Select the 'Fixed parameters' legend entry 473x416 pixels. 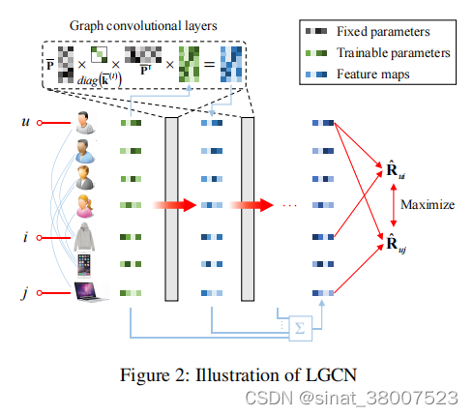click(x=364, y=32)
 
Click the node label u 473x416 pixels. click(x=25, y=123)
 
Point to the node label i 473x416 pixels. click(x=25, y=236)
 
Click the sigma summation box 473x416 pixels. click(x=300, y=327)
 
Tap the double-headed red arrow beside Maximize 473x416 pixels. click(x=391, y=204)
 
